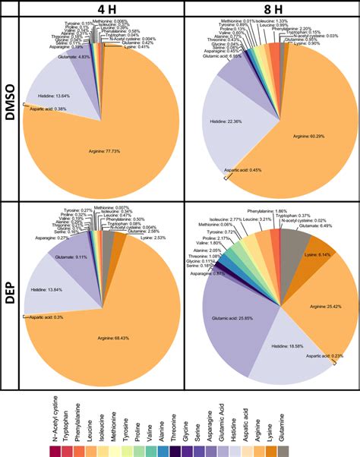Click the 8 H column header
coord(271,8)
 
